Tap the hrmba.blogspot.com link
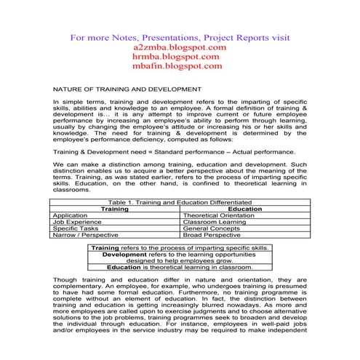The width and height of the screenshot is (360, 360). click(x=180, y=56)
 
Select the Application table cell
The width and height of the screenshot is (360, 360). click(x=71, y=215)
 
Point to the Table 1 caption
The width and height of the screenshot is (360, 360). click(x=179, y=201)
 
